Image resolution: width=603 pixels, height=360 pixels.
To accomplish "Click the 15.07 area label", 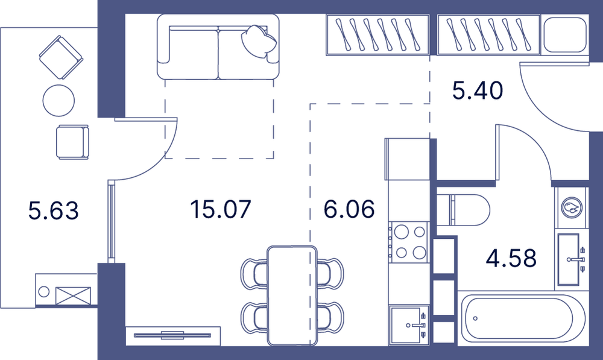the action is click(221, 209).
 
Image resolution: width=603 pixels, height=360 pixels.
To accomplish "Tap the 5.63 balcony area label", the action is click(54, 210).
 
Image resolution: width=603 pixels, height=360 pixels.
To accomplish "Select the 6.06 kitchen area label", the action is click(349, 209).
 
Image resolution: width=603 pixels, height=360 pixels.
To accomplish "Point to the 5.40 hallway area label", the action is click(477, 91).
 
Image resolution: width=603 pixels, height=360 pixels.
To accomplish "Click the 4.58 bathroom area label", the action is click(511, 258).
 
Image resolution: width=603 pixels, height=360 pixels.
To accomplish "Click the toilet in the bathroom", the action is click(463, 210).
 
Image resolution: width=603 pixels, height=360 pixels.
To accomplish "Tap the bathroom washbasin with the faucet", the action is click(572, 259).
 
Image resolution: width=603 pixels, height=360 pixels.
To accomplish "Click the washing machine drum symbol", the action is click(572, 207).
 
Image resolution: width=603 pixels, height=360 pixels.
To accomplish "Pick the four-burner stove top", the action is click(409, 242).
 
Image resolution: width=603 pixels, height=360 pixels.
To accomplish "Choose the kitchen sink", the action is click(409, 325).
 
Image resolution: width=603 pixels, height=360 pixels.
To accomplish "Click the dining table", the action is click(292, 295).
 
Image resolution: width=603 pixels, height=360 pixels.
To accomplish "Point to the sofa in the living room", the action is click(218, 46).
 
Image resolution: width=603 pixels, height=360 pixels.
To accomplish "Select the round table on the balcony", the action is click(58, 100).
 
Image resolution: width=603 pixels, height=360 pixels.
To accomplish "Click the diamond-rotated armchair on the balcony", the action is click(61, 57).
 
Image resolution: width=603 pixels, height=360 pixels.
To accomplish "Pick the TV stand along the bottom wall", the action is click(173, 335).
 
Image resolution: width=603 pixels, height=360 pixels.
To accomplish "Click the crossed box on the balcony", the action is click(73, 295).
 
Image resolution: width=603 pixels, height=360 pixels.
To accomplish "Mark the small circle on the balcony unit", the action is click(44, 291).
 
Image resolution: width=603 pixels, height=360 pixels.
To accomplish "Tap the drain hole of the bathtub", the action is click(475, 318).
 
